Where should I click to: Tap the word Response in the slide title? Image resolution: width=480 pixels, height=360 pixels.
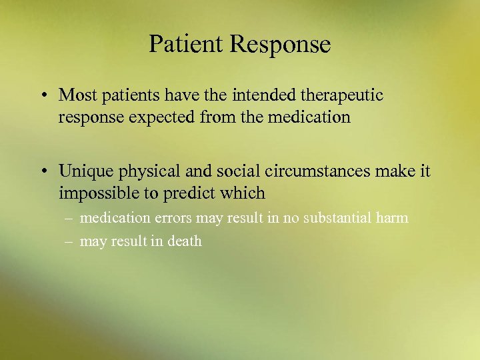tap(280, 45)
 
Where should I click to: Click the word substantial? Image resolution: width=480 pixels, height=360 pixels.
tap(337, 218)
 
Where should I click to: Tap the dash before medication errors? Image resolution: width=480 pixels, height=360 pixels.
tap(69, 219)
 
